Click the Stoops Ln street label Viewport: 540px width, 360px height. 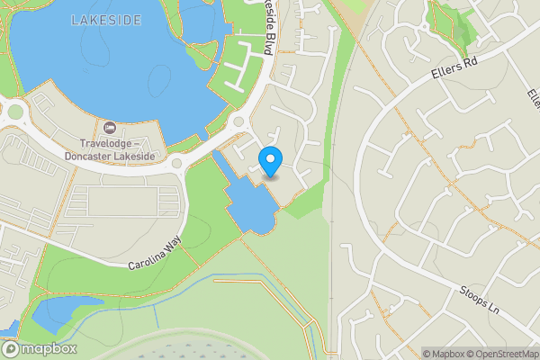coord(480,300)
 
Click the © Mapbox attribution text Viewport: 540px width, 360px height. coord(444,354)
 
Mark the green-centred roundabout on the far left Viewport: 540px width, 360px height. coord(15,112)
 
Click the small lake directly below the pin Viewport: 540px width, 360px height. coord(252,208)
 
